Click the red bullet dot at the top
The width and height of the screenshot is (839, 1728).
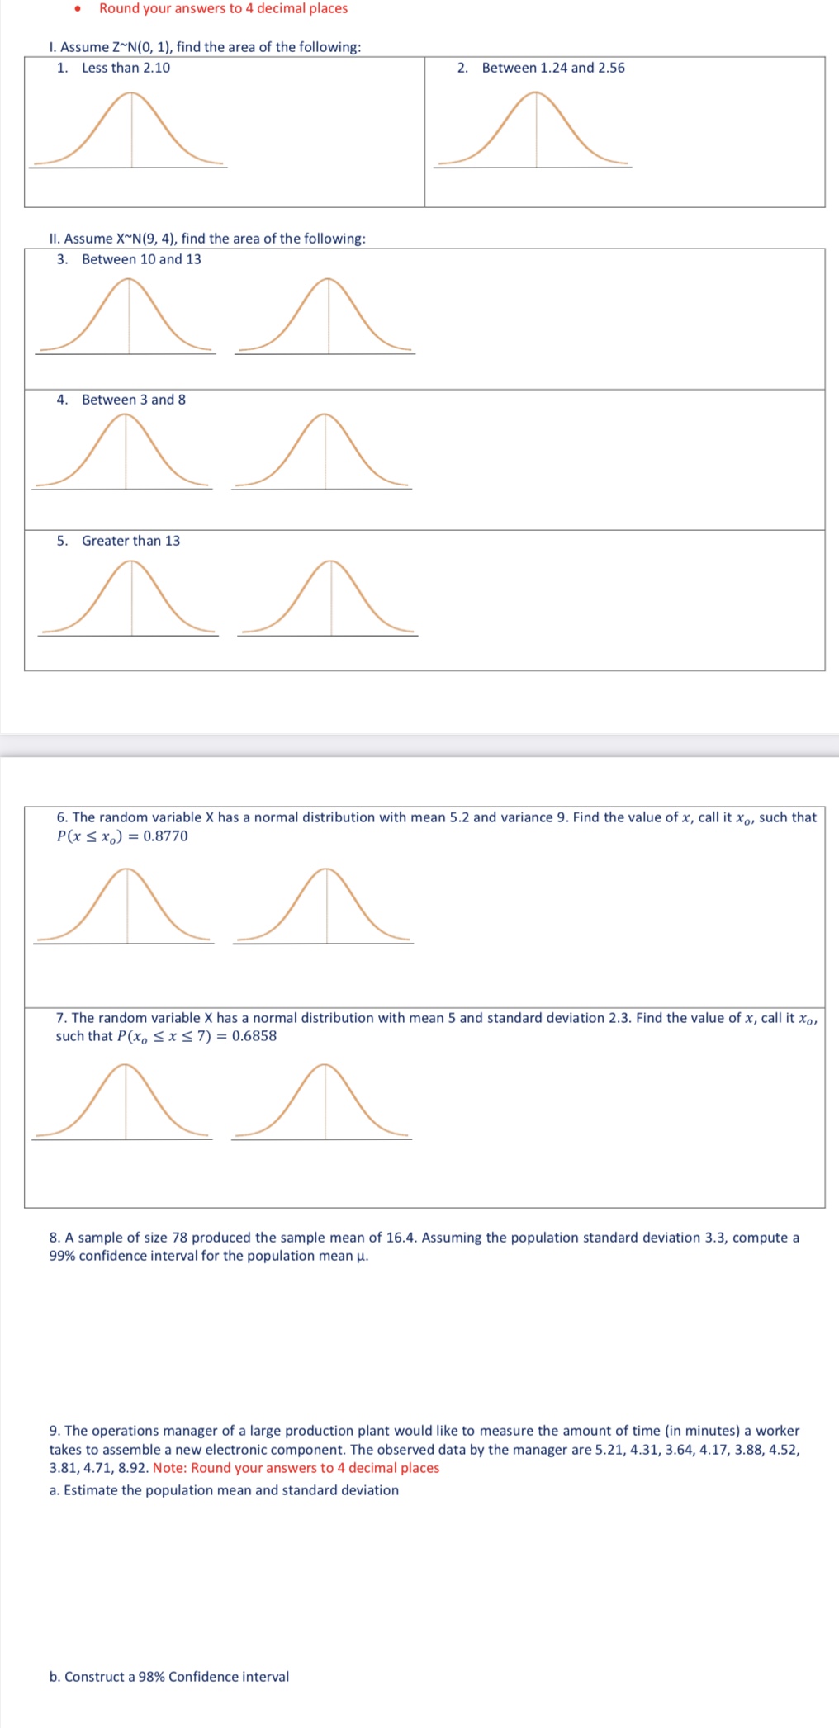(78, 9)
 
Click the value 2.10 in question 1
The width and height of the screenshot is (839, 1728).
(156, 68)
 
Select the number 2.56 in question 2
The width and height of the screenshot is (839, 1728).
(611, 68)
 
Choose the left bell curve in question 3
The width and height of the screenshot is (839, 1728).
(127, 317)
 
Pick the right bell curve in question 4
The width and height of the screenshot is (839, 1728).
(323, 452)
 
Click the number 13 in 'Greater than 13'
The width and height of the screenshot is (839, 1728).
(172, 541)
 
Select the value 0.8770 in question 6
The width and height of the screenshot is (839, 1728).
(165, 836)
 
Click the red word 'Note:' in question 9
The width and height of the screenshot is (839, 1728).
(170, 1468)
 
